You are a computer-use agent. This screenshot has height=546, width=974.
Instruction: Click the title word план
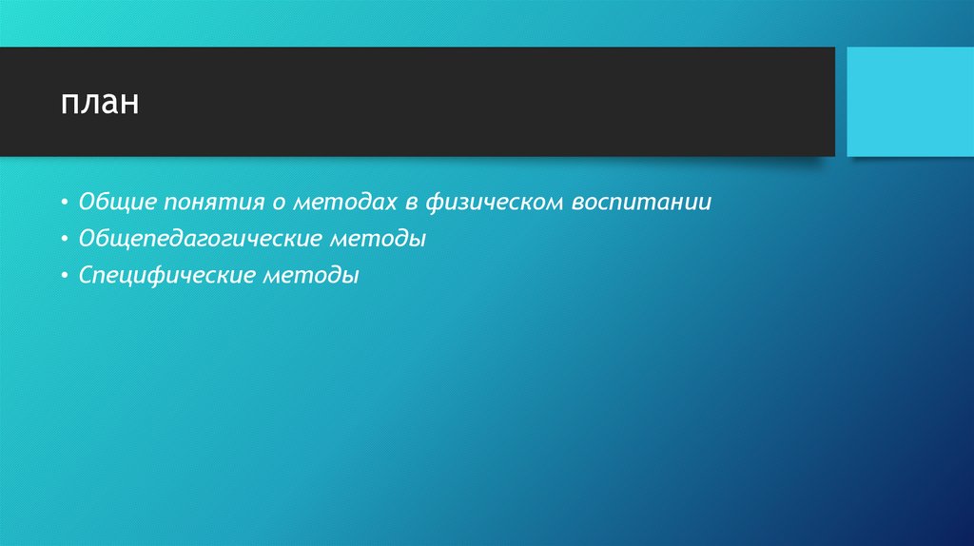tap(100, 103)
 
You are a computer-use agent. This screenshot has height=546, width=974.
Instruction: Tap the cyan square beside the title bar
tap(909, 102)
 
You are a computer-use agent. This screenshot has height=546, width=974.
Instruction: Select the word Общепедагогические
tap(199, 240)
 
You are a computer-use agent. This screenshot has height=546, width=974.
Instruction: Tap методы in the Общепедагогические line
tap(378, 240)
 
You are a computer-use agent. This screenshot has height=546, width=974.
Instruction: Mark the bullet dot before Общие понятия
tap(63, 204)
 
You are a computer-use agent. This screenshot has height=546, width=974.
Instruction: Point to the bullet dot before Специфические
tap(63, 278)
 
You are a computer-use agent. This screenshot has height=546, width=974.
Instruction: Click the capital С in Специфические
tap(86, 276)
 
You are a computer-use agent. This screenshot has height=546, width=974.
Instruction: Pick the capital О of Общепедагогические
tap(87, 239)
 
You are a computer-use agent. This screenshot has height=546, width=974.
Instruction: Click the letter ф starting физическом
tap(434, 204)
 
